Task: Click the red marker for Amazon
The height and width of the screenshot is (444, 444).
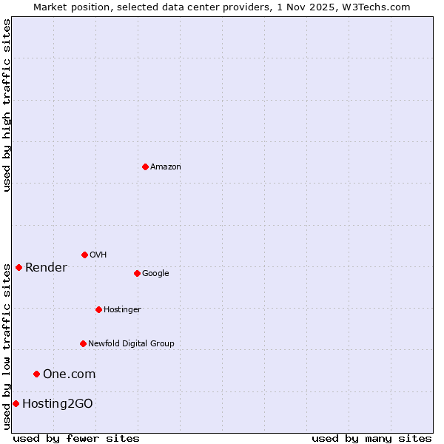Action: tap(145, 166)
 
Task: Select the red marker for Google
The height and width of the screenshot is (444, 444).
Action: tap(137, 273)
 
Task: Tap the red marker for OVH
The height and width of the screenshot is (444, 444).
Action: tap(84, 255)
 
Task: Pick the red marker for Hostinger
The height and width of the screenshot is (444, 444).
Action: tap(98, 309)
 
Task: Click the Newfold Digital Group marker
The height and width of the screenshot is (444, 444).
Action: tap(83, 343)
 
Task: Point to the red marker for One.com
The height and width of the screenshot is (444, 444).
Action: tap(36, 374)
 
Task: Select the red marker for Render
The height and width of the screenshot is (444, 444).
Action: tap(18, 267)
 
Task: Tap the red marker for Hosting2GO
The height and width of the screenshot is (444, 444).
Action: tap(16, 403)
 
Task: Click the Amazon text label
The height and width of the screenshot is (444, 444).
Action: tap(166, 167)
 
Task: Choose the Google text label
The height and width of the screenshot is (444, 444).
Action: tap(155, 274)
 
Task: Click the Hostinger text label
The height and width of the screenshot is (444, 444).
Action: tap(122, 310)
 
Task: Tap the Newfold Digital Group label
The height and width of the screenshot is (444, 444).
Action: tap(131, 344)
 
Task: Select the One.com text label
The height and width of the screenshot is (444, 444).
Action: tap(69, 374)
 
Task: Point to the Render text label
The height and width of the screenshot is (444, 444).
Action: tap(46, 268)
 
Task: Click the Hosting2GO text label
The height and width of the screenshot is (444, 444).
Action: tap(57, 404)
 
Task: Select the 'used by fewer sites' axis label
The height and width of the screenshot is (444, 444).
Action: tap(76, 439)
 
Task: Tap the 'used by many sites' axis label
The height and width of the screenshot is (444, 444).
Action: tap(371, 439)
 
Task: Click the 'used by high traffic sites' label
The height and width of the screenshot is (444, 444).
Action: tap(7, 105)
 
